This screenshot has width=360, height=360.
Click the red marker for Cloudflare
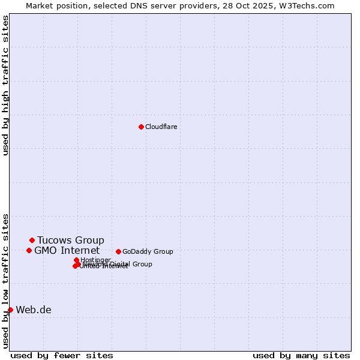pyautogui.click(x=141, y=127)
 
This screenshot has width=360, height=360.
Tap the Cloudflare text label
pyautogui.click(x=161, y=127)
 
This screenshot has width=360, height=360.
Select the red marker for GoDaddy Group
pyautogui.click(x=118, y=251)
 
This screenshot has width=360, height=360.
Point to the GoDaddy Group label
pyautogui.click(x=148, y=251)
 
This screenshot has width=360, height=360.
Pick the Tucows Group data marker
pyautogui.click(x=32, y=240)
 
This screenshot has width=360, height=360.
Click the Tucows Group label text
pyautogui.click(x=70, y=240)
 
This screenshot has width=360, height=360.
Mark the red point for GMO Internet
pyautogui.click(x=29, y=250)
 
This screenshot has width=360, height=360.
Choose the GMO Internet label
pyautogui.click(x=67, y=250)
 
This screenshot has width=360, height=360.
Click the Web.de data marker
pyautogui.click(x=10, y=310)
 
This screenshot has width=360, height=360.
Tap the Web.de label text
pyautogui.click(x=34, y=310)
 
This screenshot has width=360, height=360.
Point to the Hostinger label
pyautogui.click(x=95, y=260)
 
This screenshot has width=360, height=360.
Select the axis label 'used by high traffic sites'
pyautogui.click(x=6, y=85)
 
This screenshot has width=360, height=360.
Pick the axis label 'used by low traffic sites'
pyautogui.click(x=6, y=280)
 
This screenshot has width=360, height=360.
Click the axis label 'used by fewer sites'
pyautogui.click(x=62, y=355)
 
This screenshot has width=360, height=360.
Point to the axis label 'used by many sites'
pyautogui.click(x=301, y=355)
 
